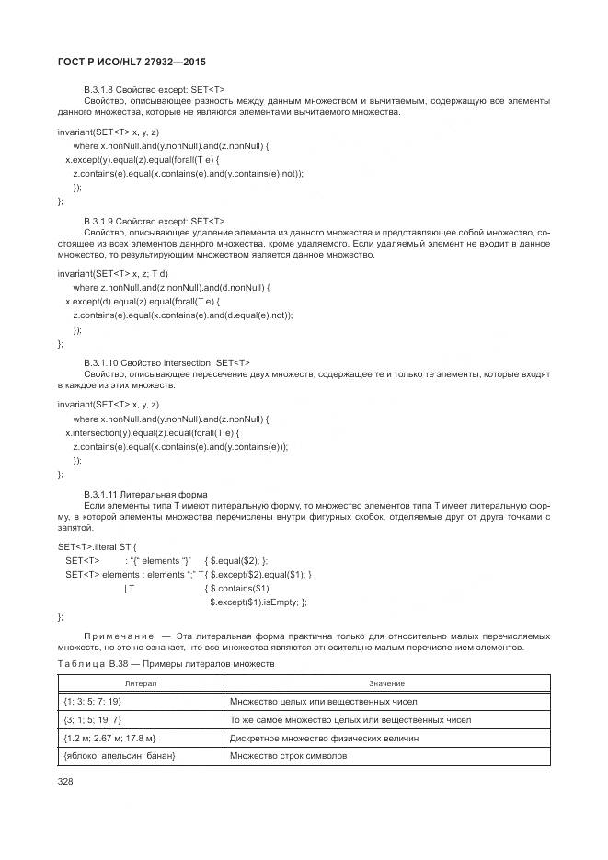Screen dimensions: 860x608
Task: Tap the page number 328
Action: (x=65, y=782)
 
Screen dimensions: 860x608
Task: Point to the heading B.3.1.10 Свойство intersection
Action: (x=166, y=363)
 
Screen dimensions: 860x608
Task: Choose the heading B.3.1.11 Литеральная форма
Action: (x=145, y=495)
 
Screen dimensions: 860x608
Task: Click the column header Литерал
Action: (x=141, y=683)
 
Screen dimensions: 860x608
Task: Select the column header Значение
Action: (x=386, y=683)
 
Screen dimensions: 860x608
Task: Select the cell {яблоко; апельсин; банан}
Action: (x=120, y=755)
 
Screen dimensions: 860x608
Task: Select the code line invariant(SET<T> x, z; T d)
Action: (x=112, y=274)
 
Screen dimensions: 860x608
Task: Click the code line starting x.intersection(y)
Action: (x=152, y=432)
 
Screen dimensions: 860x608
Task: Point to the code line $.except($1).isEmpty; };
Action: (x=258, y=602)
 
